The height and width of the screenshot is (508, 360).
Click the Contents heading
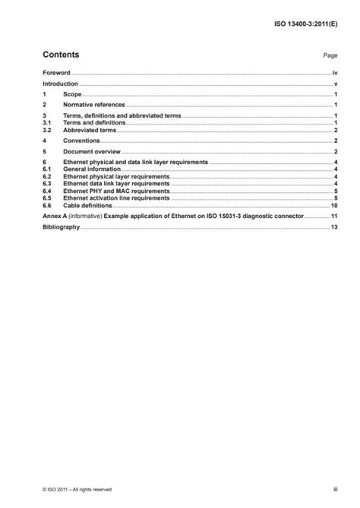click(61, 55)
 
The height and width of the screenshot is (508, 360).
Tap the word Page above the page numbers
click(330, 56)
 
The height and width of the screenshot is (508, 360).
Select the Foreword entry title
click(56, 73)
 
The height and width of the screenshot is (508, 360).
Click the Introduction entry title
click(60, 83)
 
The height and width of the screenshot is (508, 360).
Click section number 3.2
click(46, 131)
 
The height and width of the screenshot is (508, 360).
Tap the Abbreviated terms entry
click(91, 131)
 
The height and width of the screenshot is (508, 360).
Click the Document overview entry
click(93, 152)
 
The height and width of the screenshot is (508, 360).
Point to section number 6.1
click(46, 170)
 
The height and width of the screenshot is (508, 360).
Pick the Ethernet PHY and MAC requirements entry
click(116, 191)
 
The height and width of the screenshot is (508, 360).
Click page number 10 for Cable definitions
click(333, 206)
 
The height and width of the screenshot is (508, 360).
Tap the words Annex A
click(55, 216)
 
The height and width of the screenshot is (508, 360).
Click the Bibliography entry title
click(61, 227)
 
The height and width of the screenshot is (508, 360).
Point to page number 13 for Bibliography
click(333, 227)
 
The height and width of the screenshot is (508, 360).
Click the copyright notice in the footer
click(77, 489)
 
